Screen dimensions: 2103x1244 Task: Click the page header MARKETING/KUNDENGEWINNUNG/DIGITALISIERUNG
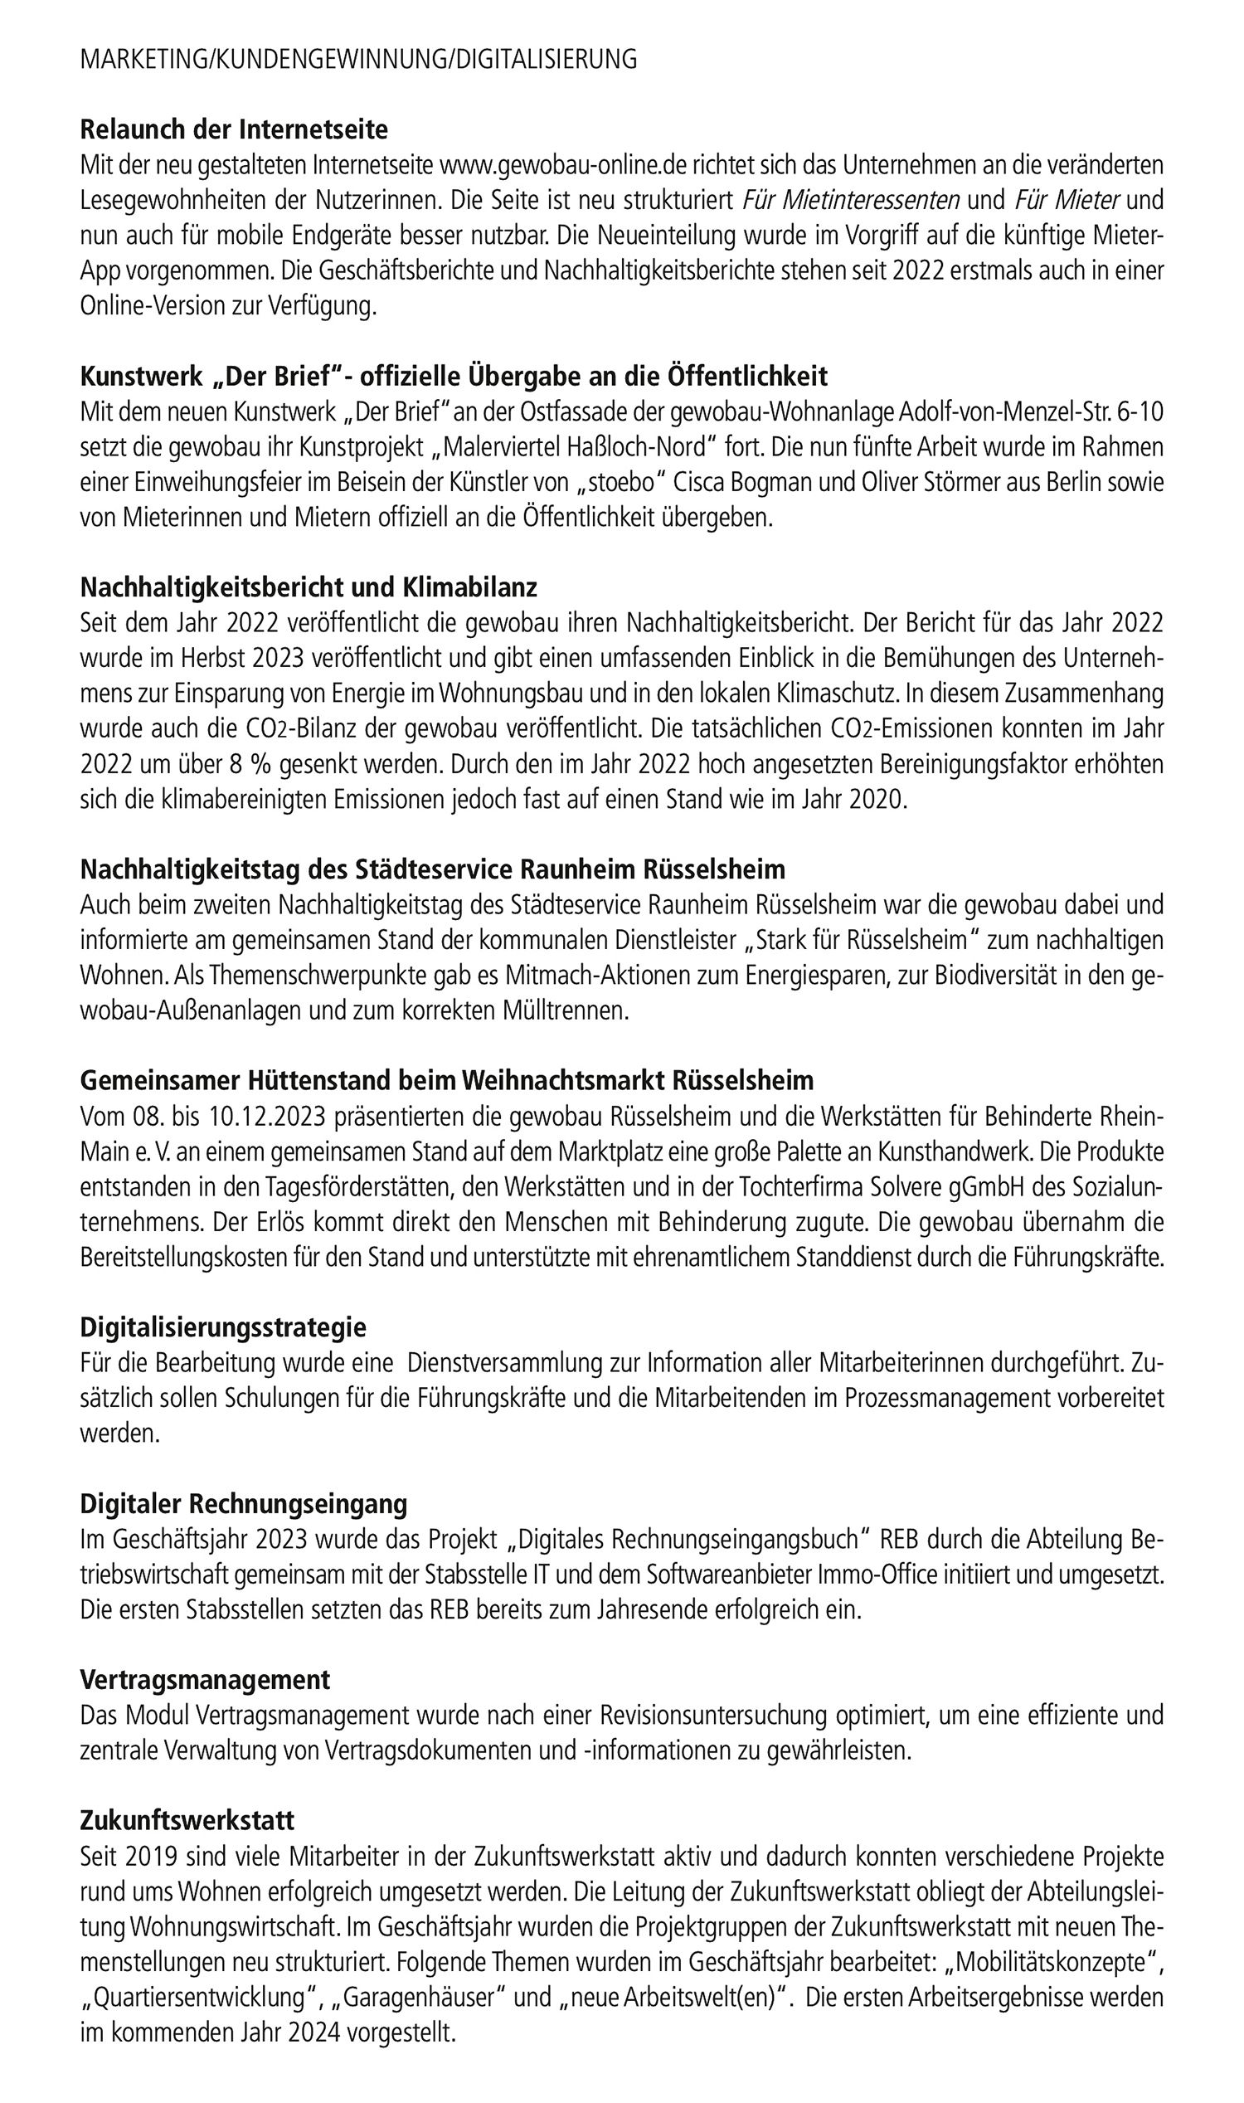point(358,60)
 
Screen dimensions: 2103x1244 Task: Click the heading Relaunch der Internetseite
point(234,130)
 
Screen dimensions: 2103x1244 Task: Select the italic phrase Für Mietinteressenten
point(851,201)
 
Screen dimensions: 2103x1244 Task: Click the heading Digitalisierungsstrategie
point(223,1327)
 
